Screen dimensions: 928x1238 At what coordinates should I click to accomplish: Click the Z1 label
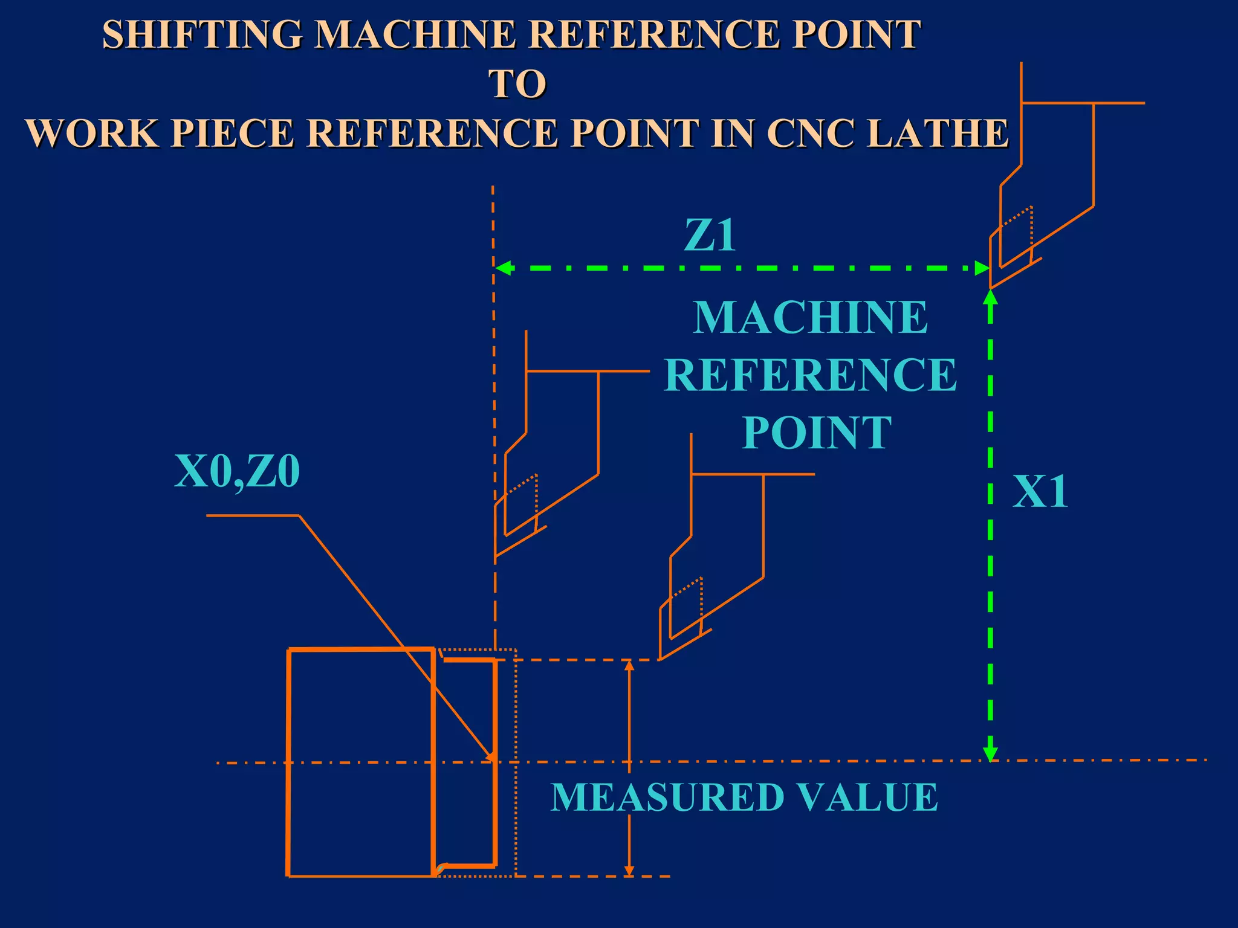(710, 235)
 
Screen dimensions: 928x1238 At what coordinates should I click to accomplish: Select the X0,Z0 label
(237, 471)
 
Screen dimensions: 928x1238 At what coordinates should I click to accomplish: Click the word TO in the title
(517, 84)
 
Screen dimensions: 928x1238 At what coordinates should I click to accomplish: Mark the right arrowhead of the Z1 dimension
(982, 268)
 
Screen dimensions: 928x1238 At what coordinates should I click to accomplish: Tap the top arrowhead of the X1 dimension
(990, 297)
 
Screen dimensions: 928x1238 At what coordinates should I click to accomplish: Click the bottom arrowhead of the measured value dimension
(629, 871)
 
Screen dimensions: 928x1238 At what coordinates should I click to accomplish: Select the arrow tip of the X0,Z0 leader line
(493, 758)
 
